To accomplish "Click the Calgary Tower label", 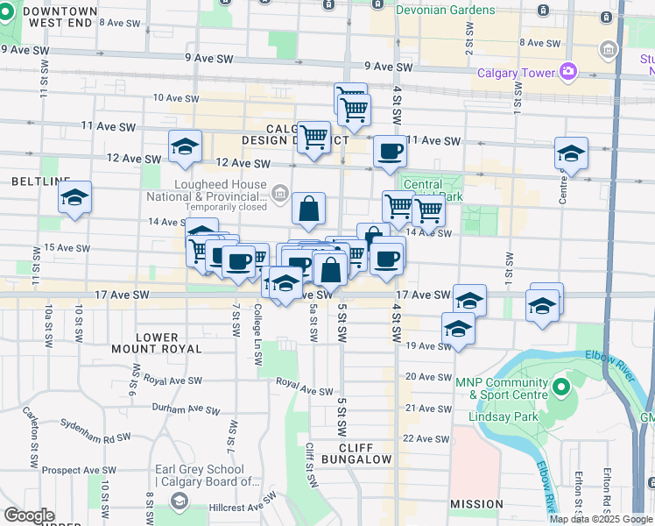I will [x=517, y=72].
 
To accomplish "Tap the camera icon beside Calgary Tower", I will [x=568, y=71].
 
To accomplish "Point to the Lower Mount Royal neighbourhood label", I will [x=169, y=343].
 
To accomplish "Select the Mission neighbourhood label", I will [x=476, y=505].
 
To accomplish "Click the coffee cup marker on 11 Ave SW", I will [x=390, y=151].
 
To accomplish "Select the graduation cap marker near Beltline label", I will [x=75, y=198].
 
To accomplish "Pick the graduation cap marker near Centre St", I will [x=571, y=154].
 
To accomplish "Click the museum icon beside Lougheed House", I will [x=279, y=192].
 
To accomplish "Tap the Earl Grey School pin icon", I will [x=179, y=501].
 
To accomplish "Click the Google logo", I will [x=29, y=515].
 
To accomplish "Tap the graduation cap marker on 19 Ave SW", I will [x=457, y=330].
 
